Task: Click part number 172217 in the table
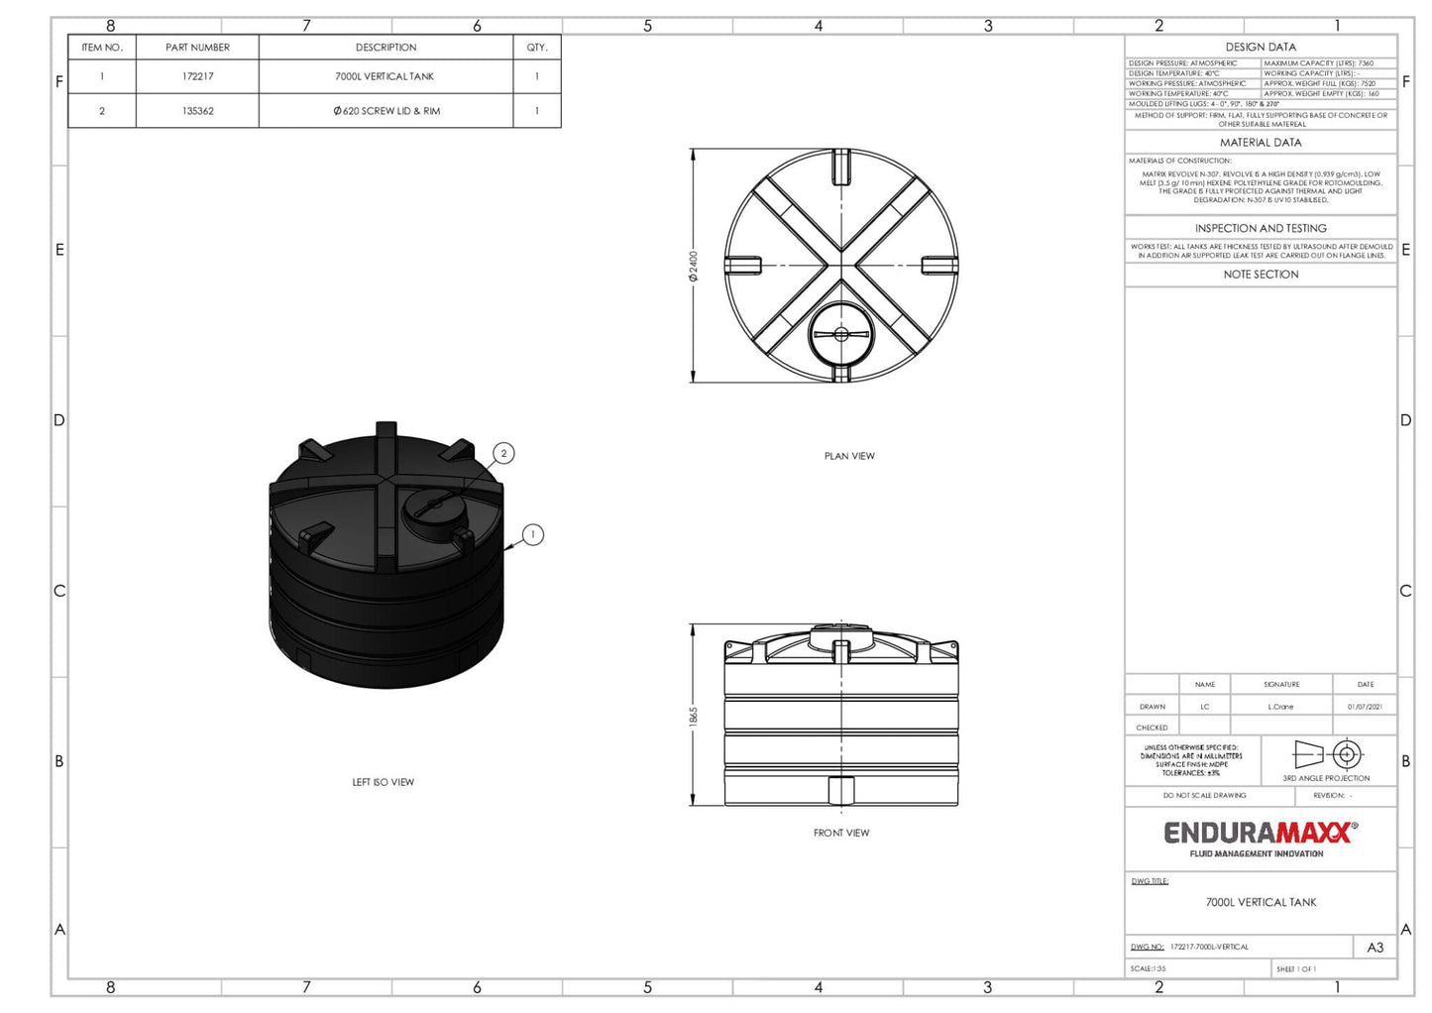point(197,76)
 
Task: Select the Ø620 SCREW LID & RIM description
point(386,111)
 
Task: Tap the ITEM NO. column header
point(101,48)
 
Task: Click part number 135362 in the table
point(197,111)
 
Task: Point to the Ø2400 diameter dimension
point(694,266)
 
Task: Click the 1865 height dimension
point(694,716)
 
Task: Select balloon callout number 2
point(503,454)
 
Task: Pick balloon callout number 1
point(533,535)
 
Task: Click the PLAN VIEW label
point(849,456)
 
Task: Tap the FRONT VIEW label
point(841,833)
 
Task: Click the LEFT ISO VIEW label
point(383,782)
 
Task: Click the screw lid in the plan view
point(841,334)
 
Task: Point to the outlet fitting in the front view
point(841,791)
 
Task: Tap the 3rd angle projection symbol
point(1326,754)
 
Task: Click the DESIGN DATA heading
point(1261,47)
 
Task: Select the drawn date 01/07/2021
point(1365,707)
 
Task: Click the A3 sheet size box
point(1375,948)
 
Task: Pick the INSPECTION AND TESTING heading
point(1261,228)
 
